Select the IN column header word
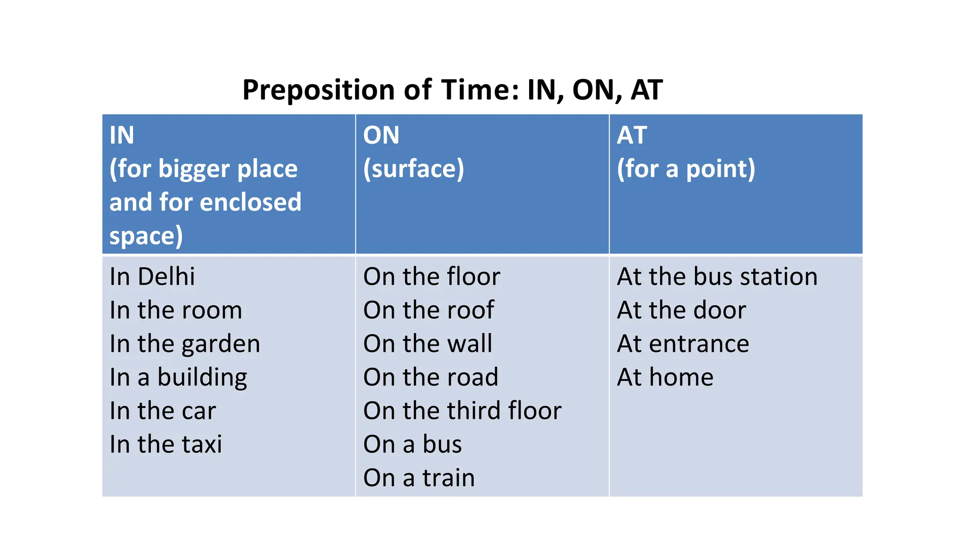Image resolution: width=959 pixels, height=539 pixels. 122,135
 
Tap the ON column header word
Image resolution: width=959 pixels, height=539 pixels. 381,135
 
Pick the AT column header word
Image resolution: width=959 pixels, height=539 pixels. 632,135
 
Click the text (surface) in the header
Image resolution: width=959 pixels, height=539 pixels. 413,169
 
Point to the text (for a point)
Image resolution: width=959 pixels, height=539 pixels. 686,169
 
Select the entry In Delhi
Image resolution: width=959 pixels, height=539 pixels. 152,277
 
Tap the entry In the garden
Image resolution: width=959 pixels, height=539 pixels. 185,344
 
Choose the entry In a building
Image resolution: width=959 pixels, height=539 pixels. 178,378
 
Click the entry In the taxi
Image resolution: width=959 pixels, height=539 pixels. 166,444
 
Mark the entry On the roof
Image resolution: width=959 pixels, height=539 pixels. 428,310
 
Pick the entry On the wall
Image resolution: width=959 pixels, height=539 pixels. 428,344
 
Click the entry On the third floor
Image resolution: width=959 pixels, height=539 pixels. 462,411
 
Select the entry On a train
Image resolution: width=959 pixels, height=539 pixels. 419,478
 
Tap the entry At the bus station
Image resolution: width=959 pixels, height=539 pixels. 717,277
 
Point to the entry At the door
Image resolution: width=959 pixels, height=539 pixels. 682,310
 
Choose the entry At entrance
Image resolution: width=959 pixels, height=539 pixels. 683,344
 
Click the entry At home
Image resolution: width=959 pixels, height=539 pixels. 665,378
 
